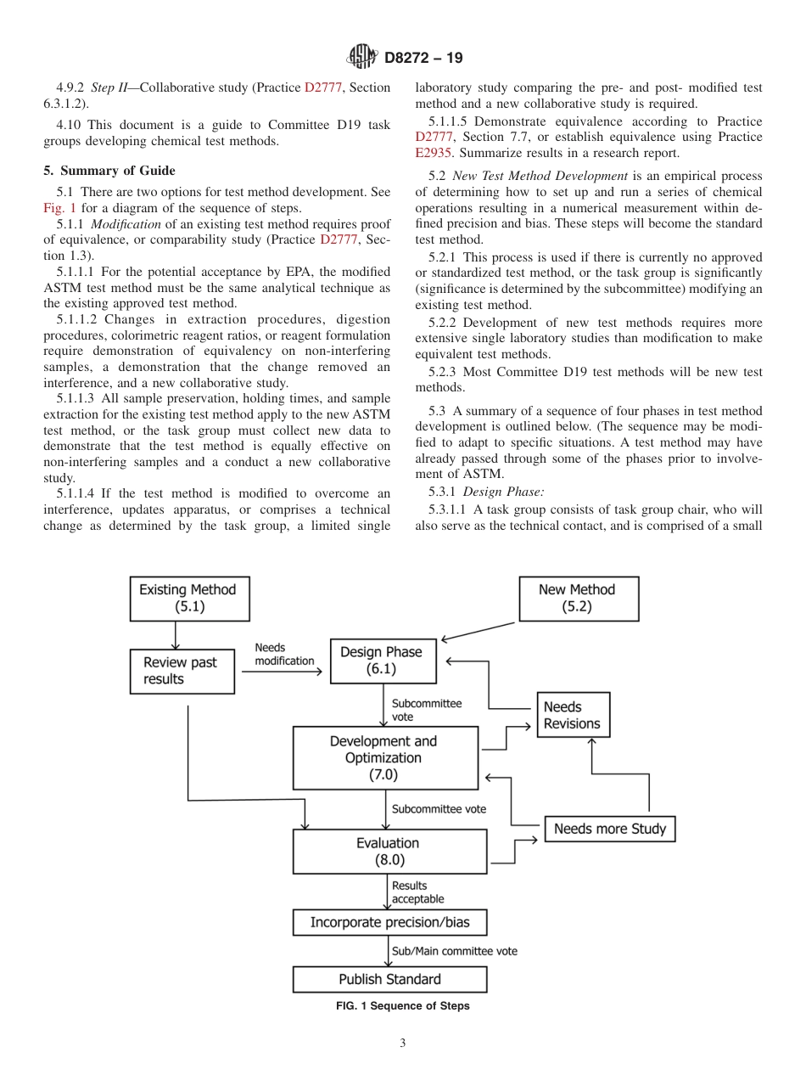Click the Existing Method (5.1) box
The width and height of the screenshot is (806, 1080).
(188, 598)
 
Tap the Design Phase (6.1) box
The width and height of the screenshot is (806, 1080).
(381, 661)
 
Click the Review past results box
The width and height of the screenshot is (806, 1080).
(182, 671)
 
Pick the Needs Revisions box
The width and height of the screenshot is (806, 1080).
(572, 715)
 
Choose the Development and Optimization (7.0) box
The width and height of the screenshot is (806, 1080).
(384, 757)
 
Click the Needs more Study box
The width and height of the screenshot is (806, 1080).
(609, 829)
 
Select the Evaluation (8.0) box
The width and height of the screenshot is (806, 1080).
(389, 851)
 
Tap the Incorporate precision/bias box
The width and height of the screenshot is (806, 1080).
(389, 922)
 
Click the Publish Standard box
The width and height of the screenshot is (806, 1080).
(389, 979)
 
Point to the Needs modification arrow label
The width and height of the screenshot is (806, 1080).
(284, 655)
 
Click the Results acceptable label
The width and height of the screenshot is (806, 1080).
(417, 892)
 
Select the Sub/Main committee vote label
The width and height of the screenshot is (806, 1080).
(454, 951)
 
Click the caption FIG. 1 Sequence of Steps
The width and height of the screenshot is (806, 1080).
(402, 1006)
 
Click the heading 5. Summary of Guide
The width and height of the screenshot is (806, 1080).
(109, 171)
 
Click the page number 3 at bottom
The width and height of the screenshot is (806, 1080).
(402, 1043)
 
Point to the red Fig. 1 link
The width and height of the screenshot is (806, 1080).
(59, 208)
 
